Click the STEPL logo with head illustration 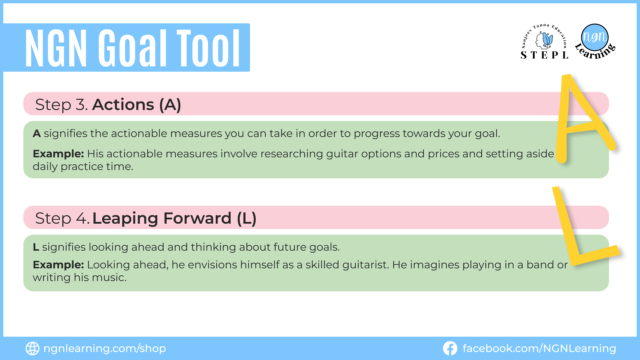tap(544, 42)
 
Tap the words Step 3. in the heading tap(61, 105)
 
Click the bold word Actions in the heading tap(123, 105)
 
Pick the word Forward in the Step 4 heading tap(197, 218)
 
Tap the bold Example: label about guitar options tap(58, 154)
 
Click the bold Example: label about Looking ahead tap(58, 265)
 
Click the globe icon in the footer tap(32, 348)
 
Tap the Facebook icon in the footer tap(450, 348)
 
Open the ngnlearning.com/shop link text tap(105, 349)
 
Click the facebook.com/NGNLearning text tap(539, 349)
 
